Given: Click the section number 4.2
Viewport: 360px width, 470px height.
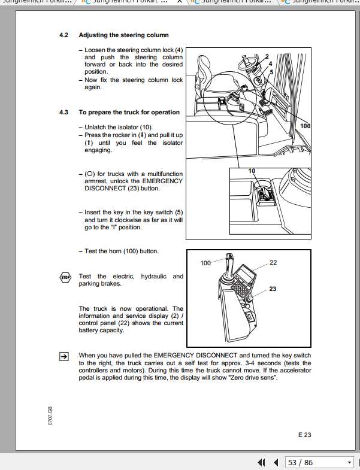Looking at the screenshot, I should click(x=64, y=35).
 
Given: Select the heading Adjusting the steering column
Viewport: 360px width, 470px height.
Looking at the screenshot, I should click(x=123, y=35).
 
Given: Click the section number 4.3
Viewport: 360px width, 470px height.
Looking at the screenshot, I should click(x=64, y=112).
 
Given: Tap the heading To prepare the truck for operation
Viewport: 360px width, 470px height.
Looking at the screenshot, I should click(x=129, y=112).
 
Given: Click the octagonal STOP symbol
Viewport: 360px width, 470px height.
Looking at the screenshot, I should click(x=65, y=277).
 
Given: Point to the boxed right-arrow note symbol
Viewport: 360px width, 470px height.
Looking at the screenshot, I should click(x=64, y=356).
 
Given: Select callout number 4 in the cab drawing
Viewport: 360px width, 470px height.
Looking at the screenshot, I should click(x=271, y=63).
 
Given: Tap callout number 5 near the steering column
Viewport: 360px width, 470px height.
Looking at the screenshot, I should click(x=271, y=71).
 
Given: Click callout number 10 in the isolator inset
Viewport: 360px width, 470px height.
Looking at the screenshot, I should click(x=252, y=171).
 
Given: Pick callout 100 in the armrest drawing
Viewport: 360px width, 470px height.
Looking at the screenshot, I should click(x=206, y=263).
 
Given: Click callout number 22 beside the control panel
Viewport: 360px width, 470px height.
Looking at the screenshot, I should click(x=273, y=262).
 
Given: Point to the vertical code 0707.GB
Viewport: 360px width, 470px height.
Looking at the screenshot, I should click(x=51, y=413).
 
